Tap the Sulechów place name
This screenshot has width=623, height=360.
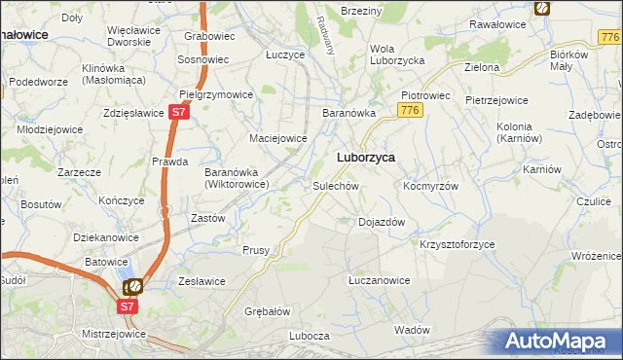pos(337,185)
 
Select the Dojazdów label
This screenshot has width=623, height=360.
pos(382,222)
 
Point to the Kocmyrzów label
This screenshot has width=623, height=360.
pos(430,185)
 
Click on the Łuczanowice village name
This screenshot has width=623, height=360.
pos(379,280)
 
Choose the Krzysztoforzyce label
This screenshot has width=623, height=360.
pos(458,244)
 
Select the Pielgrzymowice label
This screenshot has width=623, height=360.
pos(216,95)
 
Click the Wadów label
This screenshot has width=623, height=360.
pos(413,330)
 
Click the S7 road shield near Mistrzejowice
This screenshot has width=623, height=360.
pos(128,306)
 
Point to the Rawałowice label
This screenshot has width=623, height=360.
pos(497,23)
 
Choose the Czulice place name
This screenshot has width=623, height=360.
pos(592,201)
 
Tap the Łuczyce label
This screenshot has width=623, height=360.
pos(285,54)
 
